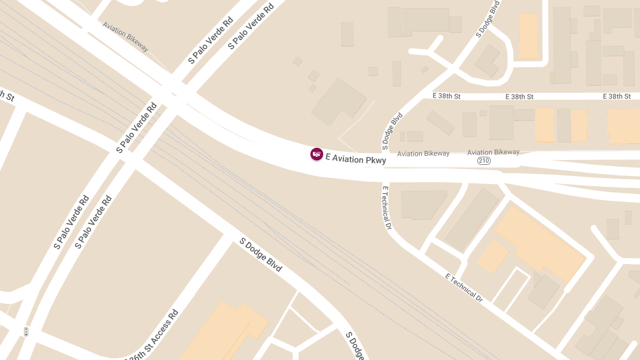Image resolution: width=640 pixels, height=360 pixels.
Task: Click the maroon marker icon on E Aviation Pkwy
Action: pos(316,154)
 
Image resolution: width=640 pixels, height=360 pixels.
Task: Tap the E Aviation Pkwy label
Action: pos(356,159)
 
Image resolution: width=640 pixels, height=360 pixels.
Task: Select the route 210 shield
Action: pos(484,161)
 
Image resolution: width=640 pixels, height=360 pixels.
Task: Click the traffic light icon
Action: pos(26,332)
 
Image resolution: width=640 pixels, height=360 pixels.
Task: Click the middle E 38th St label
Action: pos(519,97)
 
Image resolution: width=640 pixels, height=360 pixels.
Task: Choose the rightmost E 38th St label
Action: pos(617,96)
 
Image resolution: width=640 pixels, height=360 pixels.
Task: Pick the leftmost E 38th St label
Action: pos(446,96)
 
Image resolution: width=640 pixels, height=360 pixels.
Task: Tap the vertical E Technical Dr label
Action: pos(387,207)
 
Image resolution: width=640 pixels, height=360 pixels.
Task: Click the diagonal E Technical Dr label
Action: pos(464,287)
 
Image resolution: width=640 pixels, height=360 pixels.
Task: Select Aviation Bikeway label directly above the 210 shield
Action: pos(493,153)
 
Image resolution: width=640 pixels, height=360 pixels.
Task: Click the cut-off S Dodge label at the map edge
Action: pos(355,345)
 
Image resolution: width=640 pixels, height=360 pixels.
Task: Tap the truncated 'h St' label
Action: pos(6,96)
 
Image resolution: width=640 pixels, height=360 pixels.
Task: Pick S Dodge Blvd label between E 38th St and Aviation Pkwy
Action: pos(391,131)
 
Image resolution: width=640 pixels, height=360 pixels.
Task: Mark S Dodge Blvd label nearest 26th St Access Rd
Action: pos(260,255)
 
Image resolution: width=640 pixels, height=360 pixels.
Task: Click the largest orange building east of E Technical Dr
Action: pos(539,243)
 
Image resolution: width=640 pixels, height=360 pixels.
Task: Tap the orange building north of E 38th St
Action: pos(529,36)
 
